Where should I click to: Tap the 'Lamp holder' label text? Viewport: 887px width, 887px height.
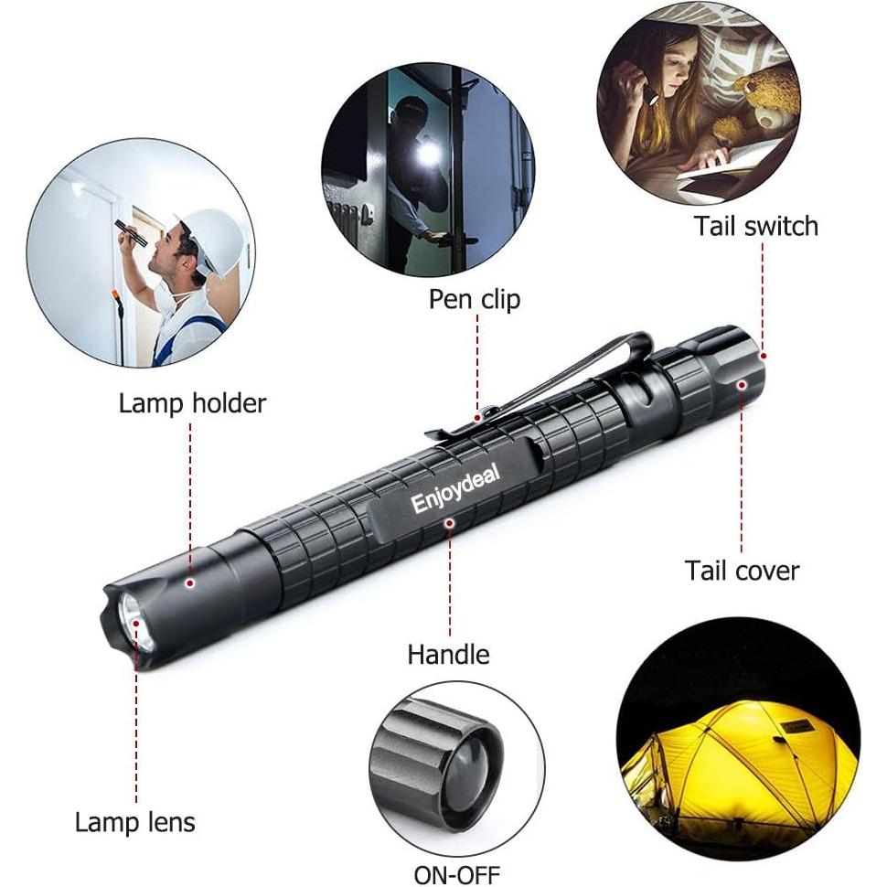click(192, 403)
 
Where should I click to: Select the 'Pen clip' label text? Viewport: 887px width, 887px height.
click(475, 298)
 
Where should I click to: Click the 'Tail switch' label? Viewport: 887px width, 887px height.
click(755, 226)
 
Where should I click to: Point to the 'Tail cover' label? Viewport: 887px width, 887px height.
click(742, 571)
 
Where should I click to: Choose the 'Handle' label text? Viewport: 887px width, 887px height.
click(448, 654)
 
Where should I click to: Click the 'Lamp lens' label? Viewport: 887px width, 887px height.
click(135, 821)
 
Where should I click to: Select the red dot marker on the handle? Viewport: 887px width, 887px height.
click(449, 522)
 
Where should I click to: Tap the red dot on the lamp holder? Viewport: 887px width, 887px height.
click(190, 582)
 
